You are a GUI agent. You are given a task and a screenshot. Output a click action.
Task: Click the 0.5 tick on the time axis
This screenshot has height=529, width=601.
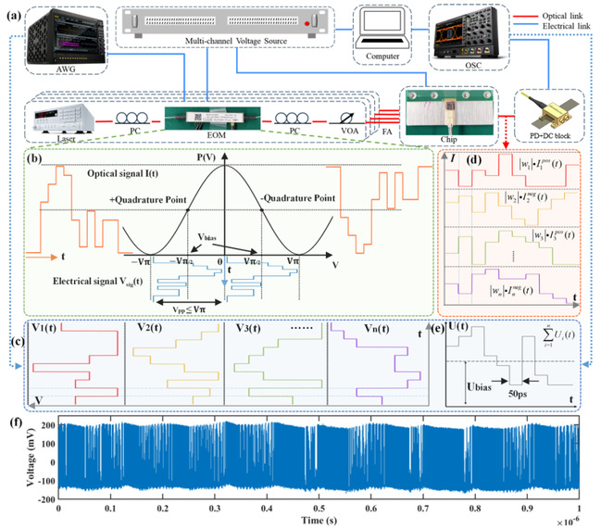(x=319, y=508)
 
